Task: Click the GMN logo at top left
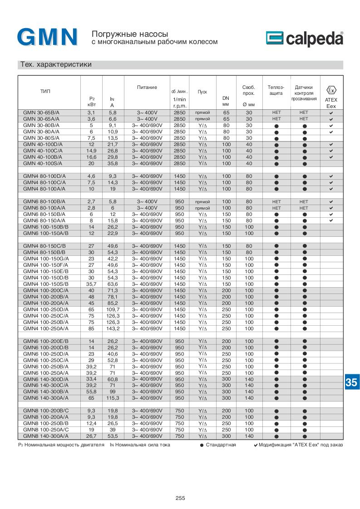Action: [48, 38]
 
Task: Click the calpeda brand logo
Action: [304, 39]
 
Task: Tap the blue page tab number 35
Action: [351, 382]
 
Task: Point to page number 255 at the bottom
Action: [180, 498]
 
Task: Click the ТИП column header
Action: [45, 92]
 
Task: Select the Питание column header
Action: [148, 87]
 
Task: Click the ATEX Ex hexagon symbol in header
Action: [331, 90]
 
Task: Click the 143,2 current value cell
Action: [113, 328]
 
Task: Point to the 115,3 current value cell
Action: [113, 398]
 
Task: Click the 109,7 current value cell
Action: [113, 309]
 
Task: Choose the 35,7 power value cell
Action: [91, 284]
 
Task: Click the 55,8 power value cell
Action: [91, 392]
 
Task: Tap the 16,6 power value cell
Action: [91, 157]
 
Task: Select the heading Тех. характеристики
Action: [56, 65]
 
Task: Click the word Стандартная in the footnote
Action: [221, 445]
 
